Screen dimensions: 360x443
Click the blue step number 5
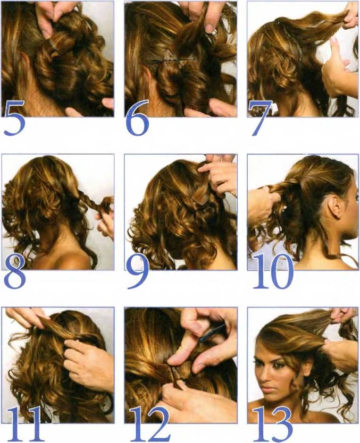[14, 118]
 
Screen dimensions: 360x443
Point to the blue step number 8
[15, 272]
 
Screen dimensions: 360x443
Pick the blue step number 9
[138, 272]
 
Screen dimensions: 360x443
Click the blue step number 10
[273, 271]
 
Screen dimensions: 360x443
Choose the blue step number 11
[23, 424]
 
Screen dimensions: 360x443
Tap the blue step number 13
[272, 424]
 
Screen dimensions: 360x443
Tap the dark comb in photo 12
[213, 333]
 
